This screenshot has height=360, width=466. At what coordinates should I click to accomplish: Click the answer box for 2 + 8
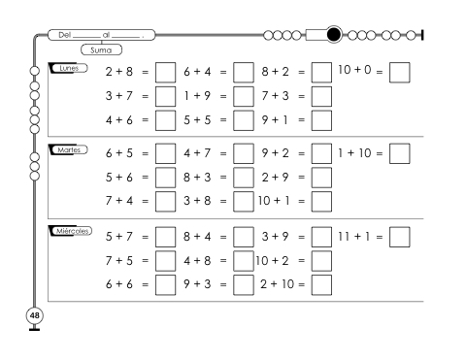[165, 72]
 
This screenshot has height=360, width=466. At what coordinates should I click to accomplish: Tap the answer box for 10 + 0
[400, 72]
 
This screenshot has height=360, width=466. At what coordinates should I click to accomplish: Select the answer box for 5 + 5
[244, 120]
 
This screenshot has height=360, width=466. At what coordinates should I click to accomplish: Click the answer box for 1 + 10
[400, 153]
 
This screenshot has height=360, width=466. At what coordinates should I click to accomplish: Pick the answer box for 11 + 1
[400, 237]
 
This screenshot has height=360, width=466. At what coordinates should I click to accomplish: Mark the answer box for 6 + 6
[165, 285]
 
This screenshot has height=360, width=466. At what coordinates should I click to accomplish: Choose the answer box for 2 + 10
[321, 285]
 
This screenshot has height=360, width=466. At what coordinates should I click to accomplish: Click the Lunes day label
[69, 68]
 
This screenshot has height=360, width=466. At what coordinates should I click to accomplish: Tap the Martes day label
[69, 149]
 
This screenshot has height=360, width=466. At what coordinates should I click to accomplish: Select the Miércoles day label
[71, 231]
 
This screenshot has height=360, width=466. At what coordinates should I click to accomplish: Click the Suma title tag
[101, 49]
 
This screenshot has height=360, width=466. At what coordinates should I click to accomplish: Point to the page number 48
[34, 315]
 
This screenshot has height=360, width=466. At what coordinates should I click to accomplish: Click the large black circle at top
[334, 34]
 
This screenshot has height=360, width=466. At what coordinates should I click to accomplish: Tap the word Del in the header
[64, 35]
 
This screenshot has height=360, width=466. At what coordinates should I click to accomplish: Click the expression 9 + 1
[275, 120]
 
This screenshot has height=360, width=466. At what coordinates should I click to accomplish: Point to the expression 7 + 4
[119, 201]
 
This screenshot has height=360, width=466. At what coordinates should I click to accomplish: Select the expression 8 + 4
[197, 237]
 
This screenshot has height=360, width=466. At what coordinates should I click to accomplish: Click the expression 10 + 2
[272, 260]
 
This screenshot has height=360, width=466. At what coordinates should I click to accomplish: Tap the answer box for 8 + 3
[244, 178]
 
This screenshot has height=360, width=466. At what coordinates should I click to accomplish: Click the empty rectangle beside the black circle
[316, 35]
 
